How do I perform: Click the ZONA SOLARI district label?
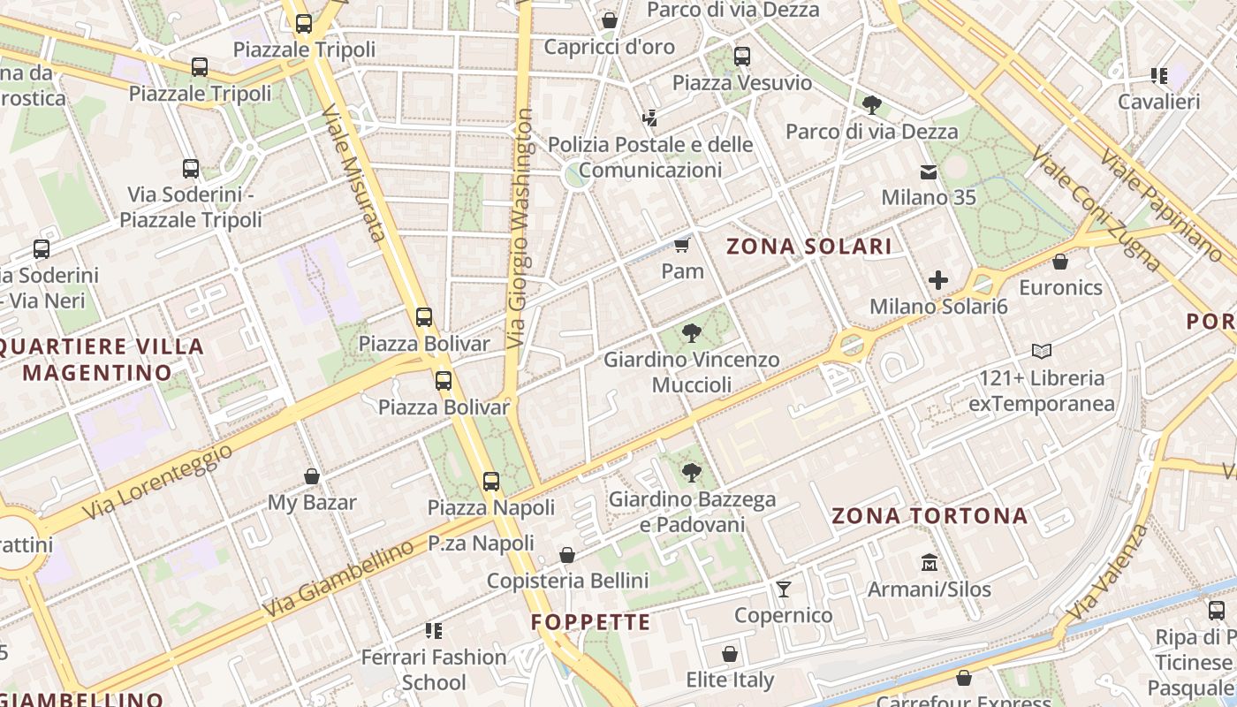(x=809, y=247)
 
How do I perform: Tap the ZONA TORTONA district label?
(x=930, y=515)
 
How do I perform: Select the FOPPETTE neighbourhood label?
(x=590, y=622)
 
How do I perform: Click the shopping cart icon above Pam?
(x=681, y=245)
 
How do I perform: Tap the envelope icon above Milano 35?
(x=929, y=171)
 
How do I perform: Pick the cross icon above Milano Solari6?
(x=938, y=281)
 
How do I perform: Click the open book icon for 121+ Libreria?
(x=1042, y=352)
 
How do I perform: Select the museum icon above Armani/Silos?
(x=929, y=563)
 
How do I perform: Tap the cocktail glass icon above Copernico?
(x=783, y=589)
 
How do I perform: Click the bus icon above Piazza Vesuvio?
(x=742, y=57)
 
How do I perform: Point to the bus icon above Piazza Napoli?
(x=491, y=482)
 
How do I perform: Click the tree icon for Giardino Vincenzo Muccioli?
(x=692, y=333)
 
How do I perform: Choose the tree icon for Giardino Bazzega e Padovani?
(x=692, y=473)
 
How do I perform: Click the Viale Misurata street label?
(x=353, y=172)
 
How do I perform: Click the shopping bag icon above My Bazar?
(x=312, y=477)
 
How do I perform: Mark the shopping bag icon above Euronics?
(x=1060, y=262)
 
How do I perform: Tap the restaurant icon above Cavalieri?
(x=1159, y=76)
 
